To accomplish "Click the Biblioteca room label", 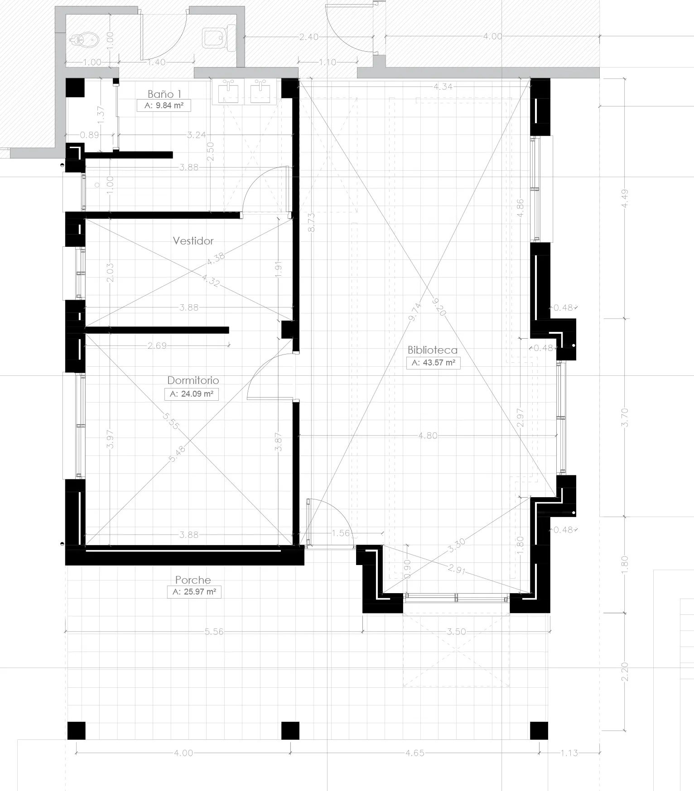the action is (432, 350).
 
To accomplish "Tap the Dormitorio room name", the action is (193, 380).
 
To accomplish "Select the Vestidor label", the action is (193, 241).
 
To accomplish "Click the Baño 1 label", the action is (164, 94).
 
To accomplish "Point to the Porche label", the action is (193, 580).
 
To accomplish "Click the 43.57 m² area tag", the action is (433, 363).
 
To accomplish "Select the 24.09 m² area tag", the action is (192, 394).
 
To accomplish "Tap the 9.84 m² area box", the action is (164, 105).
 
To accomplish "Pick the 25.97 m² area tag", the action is (194, 592).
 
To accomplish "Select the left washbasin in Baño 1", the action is (228, 92).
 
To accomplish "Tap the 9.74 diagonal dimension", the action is (415, 312).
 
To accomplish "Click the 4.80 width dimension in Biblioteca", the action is (428, 436).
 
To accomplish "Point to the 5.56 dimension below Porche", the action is (214, 632).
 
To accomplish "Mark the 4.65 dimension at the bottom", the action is (415, 753).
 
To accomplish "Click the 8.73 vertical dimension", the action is (311, 222).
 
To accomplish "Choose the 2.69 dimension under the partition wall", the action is (157, 346).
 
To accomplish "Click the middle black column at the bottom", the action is (290, 731).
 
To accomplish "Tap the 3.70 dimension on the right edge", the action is (625, 417).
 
